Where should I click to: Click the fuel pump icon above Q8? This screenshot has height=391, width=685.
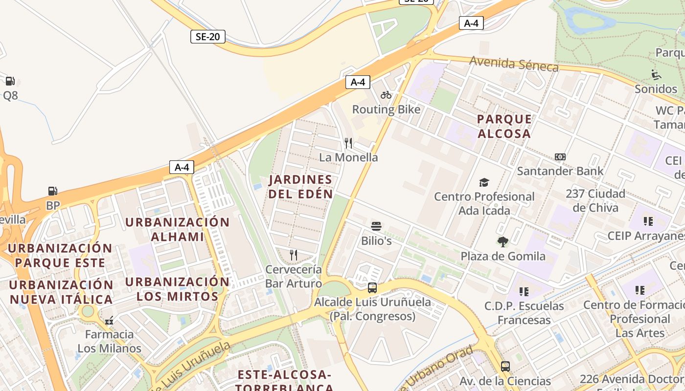[10, 81]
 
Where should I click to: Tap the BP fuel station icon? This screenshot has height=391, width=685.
[52, 191]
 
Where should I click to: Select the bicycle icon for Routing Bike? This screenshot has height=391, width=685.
[386, 95]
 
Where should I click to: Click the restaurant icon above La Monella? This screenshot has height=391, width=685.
[348, 143]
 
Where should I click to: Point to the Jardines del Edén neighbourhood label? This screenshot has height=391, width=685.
[301, 187]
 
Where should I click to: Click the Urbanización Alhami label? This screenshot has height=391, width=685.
[177, 229]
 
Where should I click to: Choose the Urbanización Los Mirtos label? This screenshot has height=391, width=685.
[177, 289]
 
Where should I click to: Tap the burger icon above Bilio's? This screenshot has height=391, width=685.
[376, 226]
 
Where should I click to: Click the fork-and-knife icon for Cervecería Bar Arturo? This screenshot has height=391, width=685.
[294, 255]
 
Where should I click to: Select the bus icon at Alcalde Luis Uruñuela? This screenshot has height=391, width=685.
[372, 287]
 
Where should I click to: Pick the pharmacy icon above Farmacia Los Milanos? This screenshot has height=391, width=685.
[109, 321]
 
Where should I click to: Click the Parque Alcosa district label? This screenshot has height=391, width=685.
[504, 126]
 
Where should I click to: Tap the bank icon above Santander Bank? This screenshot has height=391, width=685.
[560, 157]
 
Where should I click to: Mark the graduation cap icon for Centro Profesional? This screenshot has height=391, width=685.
[484, 182]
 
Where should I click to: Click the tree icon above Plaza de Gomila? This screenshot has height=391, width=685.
[502, 241]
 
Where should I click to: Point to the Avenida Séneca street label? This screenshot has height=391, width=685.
[514, 64]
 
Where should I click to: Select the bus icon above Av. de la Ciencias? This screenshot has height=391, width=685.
[505, 366]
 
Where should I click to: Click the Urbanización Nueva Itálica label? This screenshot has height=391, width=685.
[61, 292]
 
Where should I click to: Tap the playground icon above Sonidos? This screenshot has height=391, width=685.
[656, 75]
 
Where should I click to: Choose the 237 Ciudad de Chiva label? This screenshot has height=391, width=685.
[595, 200]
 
